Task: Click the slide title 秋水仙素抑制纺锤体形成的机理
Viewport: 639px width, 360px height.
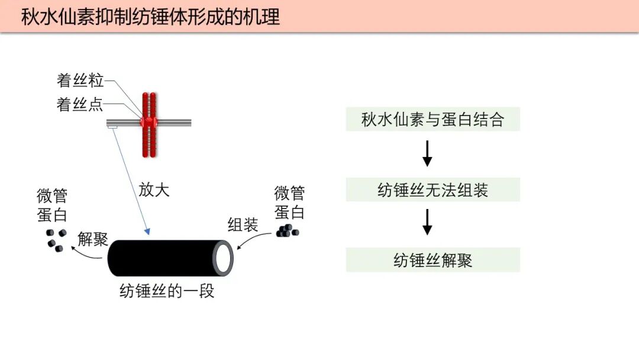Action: coord(150,17)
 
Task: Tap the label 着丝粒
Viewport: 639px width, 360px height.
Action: coord(80,81)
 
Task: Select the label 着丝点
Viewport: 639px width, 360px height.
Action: coord(80,105)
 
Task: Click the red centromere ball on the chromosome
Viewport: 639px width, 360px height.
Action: coord(149,122)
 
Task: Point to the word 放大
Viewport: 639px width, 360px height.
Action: coord(154,189)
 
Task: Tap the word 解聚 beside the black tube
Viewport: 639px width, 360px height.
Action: coord(93,239)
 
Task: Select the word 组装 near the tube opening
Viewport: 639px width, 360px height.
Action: coord(243,224)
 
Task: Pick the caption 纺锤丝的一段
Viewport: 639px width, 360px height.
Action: coord(167,291)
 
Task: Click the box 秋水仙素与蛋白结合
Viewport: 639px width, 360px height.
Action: coord(433,120)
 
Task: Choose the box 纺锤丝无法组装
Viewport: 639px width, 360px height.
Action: coord(433,190)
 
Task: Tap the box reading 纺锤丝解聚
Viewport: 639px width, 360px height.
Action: coord(433,260)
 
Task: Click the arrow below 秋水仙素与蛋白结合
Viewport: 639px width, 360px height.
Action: coord(427,154)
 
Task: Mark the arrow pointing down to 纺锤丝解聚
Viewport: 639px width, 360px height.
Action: coord(427,222)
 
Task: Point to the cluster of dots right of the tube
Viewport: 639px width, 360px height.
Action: coord(287,230)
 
